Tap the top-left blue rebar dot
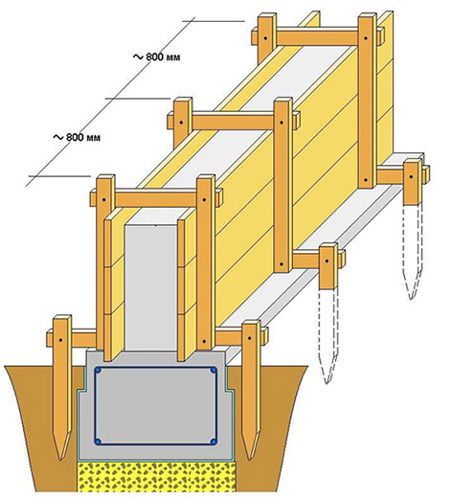click(x=98, y=371)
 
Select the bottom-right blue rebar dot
click(x=214, y=442)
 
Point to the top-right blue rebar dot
click(x=214, y=371)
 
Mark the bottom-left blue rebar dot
click(x=98, y=442)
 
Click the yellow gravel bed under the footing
click(x=156, y=476)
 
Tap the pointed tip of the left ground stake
click(x=60, y=459)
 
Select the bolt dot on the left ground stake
click(x=60, y=340)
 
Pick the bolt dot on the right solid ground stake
click(x=250, y=337)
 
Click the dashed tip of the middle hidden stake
click(x=327, y=382)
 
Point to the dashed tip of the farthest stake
click(x=412, y=298)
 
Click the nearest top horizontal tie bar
click(x=156, y=198)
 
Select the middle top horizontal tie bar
click(x=234, y=122)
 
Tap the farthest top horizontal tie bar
click(x=318, y=37)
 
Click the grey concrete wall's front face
click(x=150, y=287)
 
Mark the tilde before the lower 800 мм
click(x=58, y=137)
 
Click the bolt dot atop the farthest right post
click(x=366, y=38)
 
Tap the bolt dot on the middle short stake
click(x=327, y=261)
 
